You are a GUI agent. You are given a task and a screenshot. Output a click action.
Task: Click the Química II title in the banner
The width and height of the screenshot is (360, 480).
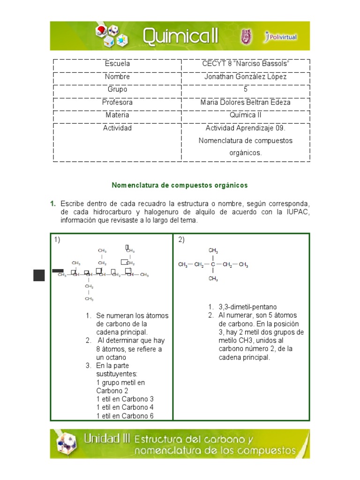(x=180, y=36)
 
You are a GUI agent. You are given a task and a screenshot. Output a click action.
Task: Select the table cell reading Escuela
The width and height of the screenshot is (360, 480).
(x=117, y=64)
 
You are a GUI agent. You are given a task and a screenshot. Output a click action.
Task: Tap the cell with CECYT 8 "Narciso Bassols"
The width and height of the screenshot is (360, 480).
(x=245, y=64)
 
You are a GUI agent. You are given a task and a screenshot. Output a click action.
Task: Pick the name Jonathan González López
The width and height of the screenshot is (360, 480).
(x=245, y=76)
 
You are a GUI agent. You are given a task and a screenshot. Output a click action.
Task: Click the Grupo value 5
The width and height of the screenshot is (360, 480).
(x=245, y=89)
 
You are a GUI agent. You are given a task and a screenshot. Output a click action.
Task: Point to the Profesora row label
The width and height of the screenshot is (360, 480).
(x=117, y=102)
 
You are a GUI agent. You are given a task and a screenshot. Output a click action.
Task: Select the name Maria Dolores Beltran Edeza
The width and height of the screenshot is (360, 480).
(x=245, y=102)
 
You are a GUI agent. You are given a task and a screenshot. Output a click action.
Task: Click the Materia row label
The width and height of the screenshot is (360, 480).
(x=117, y=115)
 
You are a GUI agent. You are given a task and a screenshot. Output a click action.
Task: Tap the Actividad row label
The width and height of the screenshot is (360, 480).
(x=117, y=128)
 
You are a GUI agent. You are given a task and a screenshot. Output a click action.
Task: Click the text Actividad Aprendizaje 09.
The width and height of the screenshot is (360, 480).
(x=245, y=128)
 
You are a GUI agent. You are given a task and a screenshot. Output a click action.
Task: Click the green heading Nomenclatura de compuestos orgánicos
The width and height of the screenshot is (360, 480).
(x=180, y=185)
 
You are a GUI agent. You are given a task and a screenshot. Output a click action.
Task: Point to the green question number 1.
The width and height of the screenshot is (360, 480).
(x=53, y=204)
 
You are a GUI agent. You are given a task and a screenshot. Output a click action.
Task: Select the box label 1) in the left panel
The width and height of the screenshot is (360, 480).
(x=57, y=240)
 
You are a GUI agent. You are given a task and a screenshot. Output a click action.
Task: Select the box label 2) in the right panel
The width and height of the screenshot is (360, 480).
(x=181, y=240)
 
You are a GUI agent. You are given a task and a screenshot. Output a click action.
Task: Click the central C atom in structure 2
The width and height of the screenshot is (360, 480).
(x=213, y=265)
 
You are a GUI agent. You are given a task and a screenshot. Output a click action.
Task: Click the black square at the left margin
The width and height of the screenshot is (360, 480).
(x=39, y=275)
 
